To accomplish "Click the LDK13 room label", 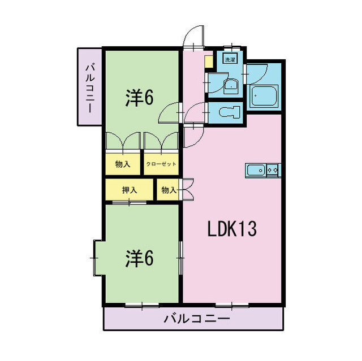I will [x=232, y=229].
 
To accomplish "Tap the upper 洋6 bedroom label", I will [x=139, y=98].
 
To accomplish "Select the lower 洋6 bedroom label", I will [x=139, y=258].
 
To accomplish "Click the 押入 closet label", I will [x=130, y=190].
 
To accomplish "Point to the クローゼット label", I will [x=161, y=164].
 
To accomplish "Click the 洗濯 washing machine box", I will [x=230, y=59].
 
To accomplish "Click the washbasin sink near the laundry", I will [x=231, y=86].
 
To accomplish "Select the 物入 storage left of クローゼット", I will [x=122, y=164].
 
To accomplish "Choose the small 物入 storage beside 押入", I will [x=169, y=190].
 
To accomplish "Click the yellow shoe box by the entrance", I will [x=208, y=60].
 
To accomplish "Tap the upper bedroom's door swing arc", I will [x=170, y=112].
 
